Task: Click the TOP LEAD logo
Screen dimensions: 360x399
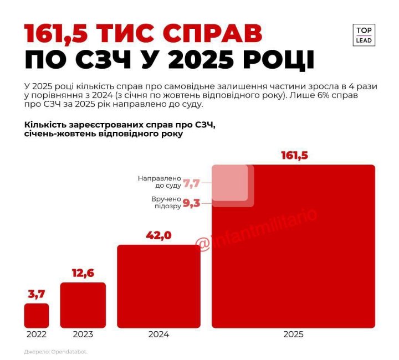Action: coord(364,34)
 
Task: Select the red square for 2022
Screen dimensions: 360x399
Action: coord(37,315)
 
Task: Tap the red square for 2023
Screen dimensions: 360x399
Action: coord(83,305)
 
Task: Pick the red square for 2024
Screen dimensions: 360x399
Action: coord(158,286)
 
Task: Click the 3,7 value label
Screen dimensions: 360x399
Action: coord(37,294)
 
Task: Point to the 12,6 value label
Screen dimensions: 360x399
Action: coord(83,273)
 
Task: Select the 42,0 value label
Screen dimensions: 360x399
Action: coord(158,235)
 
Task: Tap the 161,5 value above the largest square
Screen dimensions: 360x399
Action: coord(294,156)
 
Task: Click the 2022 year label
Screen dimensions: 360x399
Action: coord(37,335)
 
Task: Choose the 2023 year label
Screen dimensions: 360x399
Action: coord(83,335)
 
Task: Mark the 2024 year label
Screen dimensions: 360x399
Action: coord(158,335)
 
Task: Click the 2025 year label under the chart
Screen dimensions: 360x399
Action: coord(293,335)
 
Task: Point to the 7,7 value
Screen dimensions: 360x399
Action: coord(191,182)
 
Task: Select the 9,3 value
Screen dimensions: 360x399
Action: coord(191,203)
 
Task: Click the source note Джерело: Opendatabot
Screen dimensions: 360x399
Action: coord(56,352)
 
